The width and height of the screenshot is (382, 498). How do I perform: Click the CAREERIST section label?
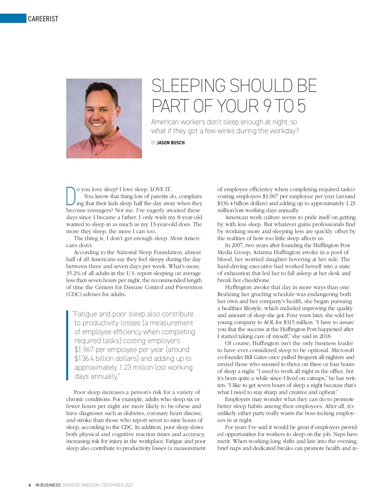pos(43,19)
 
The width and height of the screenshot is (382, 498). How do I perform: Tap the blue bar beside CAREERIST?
pos(13,18)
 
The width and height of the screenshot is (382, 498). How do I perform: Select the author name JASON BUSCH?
pos(171,143)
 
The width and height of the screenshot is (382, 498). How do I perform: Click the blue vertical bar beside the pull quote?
pos(67,345)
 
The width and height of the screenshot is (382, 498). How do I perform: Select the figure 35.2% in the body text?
pos(74,273)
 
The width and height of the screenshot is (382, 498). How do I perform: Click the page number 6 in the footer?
pos(30,485)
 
